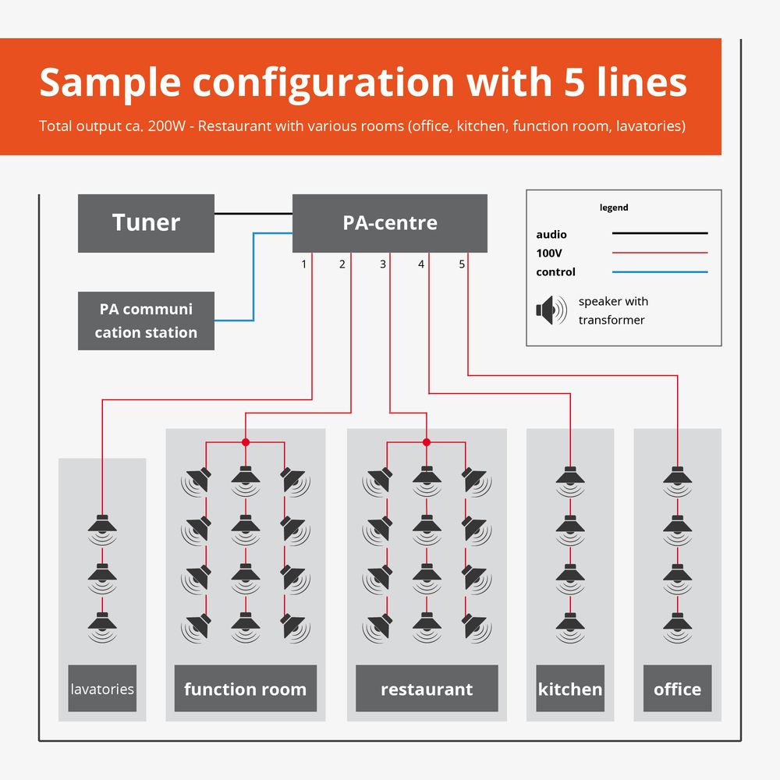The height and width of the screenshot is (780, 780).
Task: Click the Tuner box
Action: [x=146, y=223]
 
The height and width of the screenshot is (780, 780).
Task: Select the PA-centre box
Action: [x=389, y=223]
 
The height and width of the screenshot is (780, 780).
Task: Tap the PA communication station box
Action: [x=146, y=321]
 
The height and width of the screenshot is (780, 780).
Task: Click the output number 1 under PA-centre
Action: [x=304, y=264]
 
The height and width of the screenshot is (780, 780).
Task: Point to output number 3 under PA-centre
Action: [x=382, y=264]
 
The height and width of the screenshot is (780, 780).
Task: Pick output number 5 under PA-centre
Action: [x=462, y=264]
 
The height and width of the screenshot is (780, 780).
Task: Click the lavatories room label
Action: [x=102, y=689]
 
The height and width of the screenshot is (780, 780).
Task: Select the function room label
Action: [x=245, y=689]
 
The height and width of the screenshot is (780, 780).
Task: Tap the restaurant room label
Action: [x=427, y=689]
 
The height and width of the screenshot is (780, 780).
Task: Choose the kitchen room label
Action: [x=570, y=689]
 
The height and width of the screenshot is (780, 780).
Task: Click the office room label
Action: [x=677, y=689]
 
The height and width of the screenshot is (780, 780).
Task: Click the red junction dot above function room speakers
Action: [x=246, y=442]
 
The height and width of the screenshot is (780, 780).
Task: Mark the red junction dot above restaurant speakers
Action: [x=426, y=442]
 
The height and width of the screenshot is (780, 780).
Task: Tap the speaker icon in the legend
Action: [x=551, y=310]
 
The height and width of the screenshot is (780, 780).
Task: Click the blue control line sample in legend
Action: [x=659, y=272]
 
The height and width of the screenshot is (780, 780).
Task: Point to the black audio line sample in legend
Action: [x=659, y=233]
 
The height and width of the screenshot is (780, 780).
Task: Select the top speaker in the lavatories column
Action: [x=102, y=529]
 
